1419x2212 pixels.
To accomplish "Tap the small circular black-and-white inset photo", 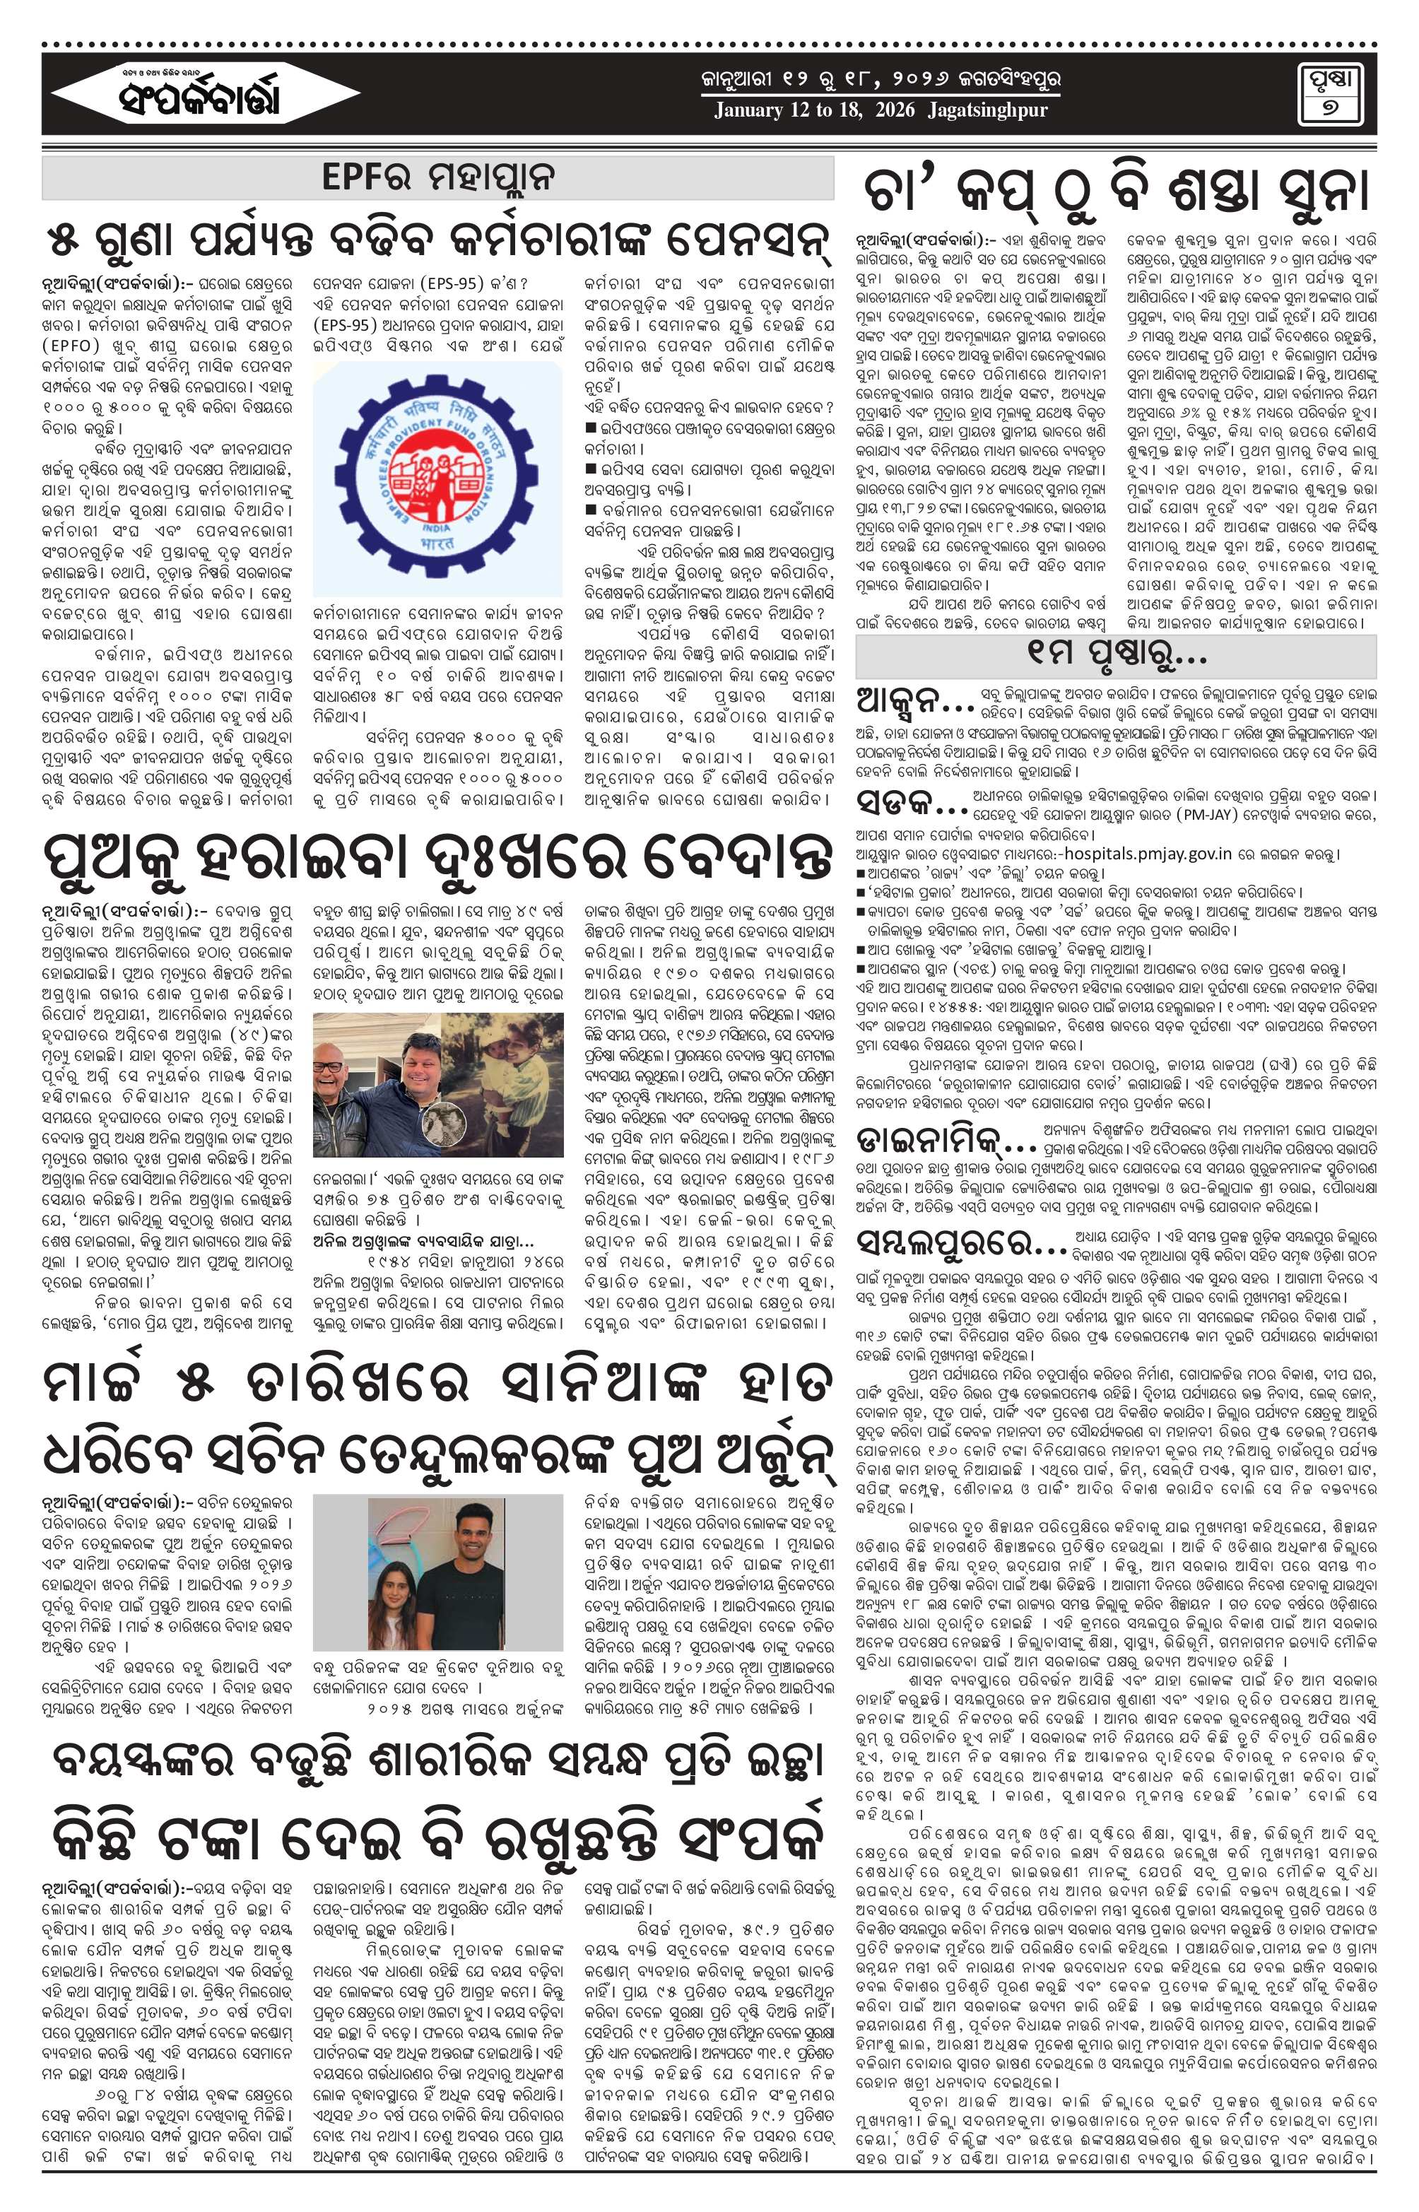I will tap(443, 1125).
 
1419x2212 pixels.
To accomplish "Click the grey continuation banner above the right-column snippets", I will tap(1115, 656).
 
